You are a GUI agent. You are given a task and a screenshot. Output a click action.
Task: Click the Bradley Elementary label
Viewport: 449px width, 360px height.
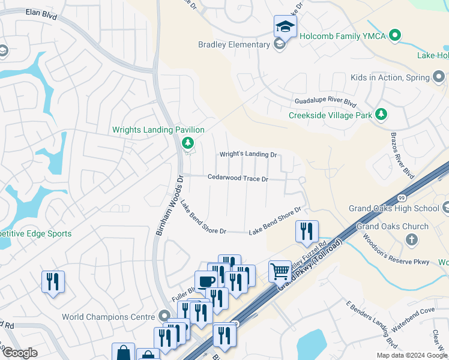coord(234,44)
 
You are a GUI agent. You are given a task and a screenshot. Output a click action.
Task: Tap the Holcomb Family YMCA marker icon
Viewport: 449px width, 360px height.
coord(394,35)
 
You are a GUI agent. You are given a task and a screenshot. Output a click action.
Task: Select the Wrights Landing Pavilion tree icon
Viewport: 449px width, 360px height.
coord(188,142)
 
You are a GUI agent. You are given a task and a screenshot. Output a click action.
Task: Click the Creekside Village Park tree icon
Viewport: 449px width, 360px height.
coord(381,114)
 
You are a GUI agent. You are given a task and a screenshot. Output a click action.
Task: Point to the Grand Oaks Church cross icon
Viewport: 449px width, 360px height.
coord(411,240)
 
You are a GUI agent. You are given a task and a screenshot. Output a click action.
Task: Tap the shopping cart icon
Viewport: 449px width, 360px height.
coord(280,271)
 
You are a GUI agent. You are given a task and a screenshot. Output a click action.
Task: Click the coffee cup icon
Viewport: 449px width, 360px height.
coord(205,281)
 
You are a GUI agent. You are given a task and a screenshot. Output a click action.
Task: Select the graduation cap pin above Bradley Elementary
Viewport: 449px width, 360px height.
coord(285,26)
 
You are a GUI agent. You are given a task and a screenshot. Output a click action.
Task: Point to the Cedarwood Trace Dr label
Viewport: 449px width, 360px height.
coord(238,178)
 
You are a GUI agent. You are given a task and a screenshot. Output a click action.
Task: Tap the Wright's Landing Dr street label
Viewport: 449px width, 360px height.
coord(248,154)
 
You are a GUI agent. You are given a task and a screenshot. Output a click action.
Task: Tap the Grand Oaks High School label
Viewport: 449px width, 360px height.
coord(394,209)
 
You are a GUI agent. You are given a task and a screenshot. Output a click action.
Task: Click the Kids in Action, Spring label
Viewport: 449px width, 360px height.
coord(390,77)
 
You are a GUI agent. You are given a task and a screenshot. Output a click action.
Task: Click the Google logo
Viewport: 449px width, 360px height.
coord(20,353)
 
